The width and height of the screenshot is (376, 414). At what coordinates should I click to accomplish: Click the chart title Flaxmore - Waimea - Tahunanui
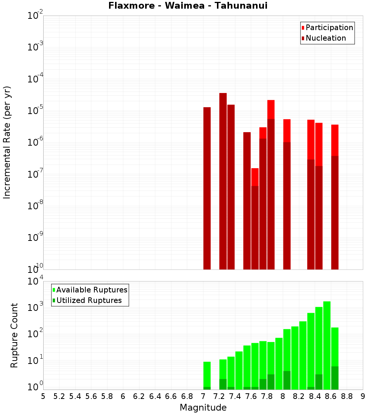188,6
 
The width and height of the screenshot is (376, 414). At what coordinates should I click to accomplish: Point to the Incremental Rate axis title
7,143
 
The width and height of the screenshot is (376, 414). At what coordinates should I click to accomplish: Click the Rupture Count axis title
14,335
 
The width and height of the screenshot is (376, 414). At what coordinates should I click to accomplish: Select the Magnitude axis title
203,408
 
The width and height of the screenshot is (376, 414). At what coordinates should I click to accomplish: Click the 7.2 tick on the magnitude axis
219,396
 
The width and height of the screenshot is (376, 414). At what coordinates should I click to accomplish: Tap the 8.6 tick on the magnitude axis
331,396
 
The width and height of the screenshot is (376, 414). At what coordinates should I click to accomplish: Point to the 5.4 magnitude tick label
75,396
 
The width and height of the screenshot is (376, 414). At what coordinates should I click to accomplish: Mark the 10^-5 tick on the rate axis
35,111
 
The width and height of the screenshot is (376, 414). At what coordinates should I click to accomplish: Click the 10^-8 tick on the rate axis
35,206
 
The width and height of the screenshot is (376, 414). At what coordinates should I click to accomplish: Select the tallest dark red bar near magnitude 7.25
223,181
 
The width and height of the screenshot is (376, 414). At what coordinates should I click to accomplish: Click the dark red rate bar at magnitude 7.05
207,188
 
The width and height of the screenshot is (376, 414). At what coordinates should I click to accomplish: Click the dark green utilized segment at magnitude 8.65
335,378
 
